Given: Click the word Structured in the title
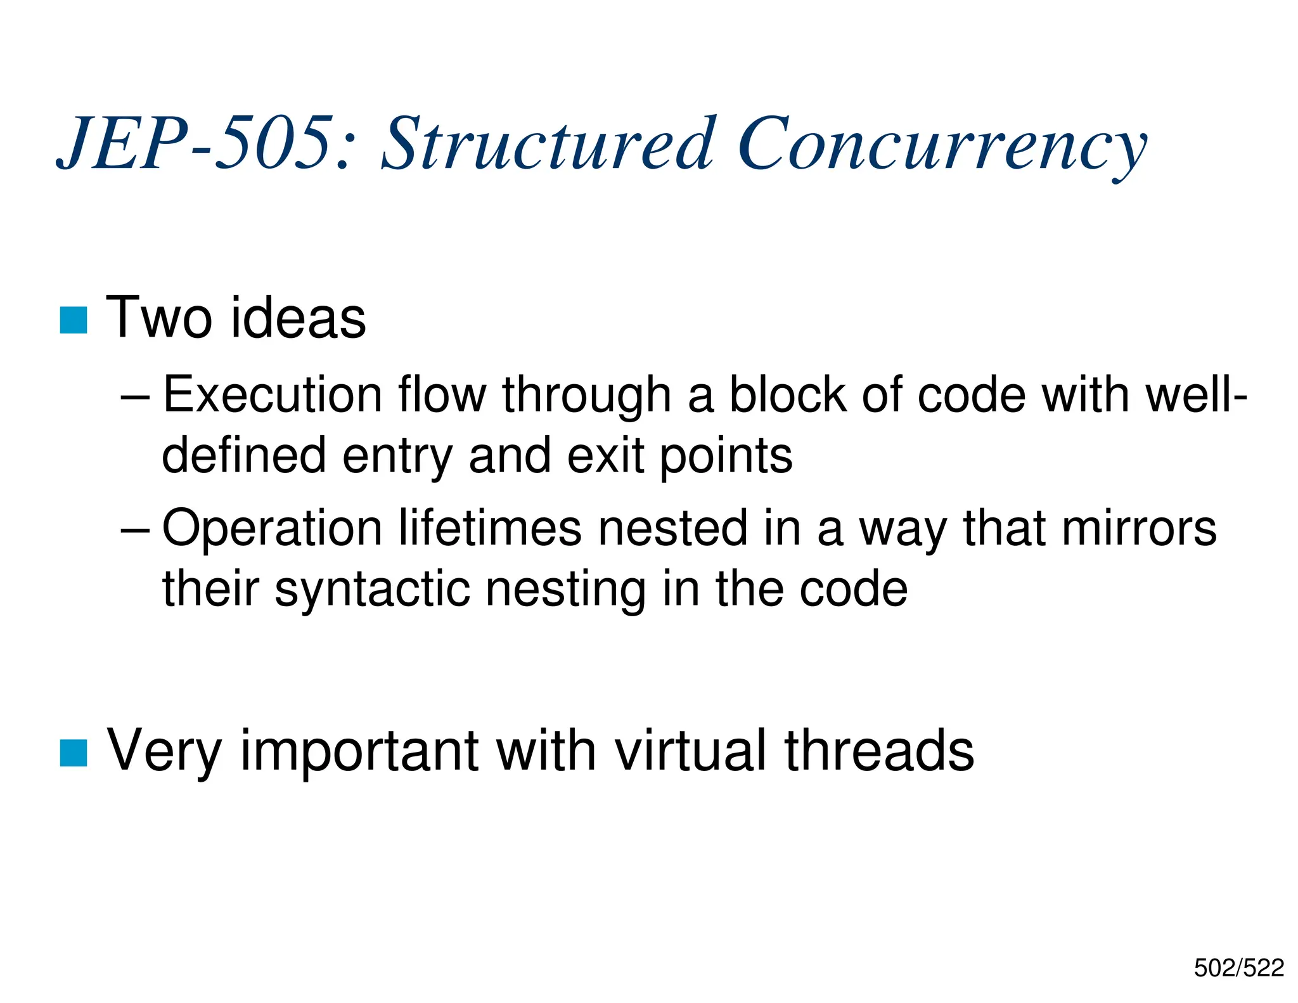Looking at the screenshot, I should tap(548, 144).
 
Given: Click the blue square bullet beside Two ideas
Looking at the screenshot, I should tap(74, 320).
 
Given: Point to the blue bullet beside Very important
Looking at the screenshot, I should tap(74, 753).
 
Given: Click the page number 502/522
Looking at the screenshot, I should tap(1238, 968).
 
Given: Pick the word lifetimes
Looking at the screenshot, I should tap(489, 529).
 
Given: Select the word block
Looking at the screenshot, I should tap(787, 395).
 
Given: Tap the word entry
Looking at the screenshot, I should tap(397, 456).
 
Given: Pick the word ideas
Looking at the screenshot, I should tap(298, 318).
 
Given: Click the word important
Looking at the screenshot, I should tap(359, 751).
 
